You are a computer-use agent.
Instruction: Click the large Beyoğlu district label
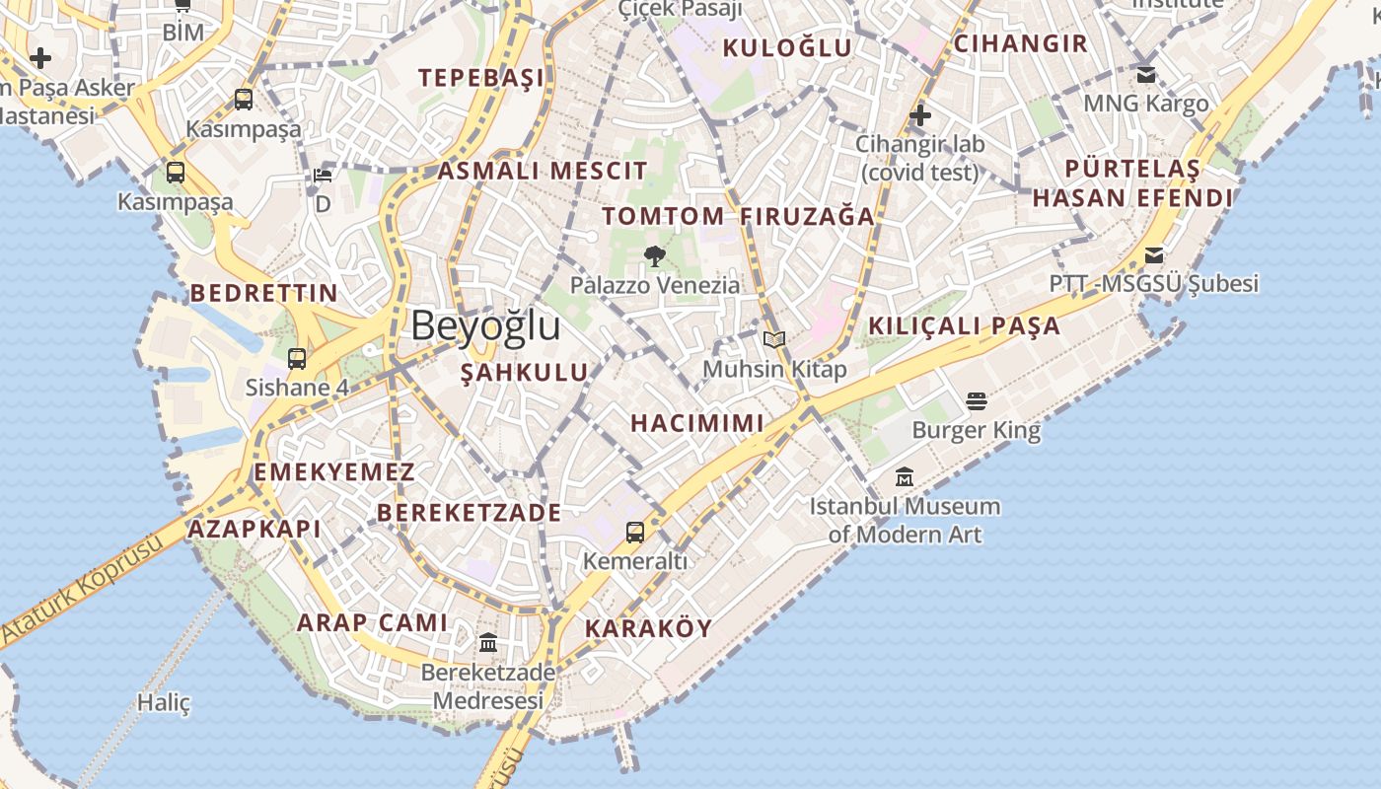485,325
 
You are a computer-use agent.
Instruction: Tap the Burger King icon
977,401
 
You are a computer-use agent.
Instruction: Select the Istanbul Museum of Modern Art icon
905,478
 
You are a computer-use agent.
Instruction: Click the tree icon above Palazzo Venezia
654,256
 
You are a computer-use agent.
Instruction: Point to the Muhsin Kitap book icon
774,340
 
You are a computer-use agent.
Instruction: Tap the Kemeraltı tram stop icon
635,533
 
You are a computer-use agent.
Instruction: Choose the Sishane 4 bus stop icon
297,358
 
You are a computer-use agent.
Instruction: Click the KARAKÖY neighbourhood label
648,628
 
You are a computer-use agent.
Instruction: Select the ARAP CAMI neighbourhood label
372,622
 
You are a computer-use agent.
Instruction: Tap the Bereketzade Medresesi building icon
488,643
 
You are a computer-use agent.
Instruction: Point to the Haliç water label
163,703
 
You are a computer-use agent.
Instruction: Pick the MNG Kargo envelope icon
1146,75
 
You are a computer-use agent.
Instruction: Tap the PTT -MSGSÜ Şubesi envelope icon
1154,256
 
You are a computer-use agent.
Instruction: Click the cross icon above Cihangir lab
920,116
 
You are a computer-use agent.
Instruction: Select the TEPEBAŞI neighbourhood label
481,78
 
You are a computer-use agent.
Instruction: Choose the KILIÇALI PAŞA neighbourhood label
965,325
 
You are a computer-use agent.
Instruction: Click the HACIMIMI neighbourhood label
697,423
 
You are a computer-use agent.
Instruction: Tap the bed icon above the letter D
323,176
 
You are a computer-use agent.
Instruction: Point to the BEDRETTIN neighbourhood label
264,293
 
